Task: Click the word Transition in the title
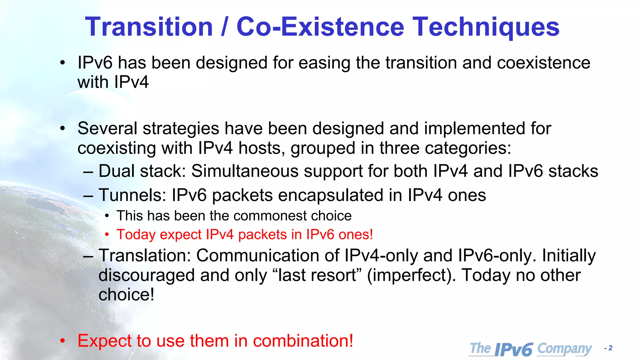click(149, 27)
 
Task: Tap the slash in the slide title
click(224, 27)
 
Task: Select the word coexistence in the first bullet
click(543, 63)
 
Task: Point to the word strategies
click(181, 128)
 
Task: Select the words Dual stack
click(142, 171)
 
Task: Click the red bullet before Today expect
click(107, 235)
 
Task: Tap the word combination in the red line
click(303, 341)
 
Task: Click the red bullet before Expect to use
click(62, 341)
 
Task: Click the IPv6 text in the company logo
click(513, 349)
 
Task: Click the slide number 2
click(610, 348)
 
